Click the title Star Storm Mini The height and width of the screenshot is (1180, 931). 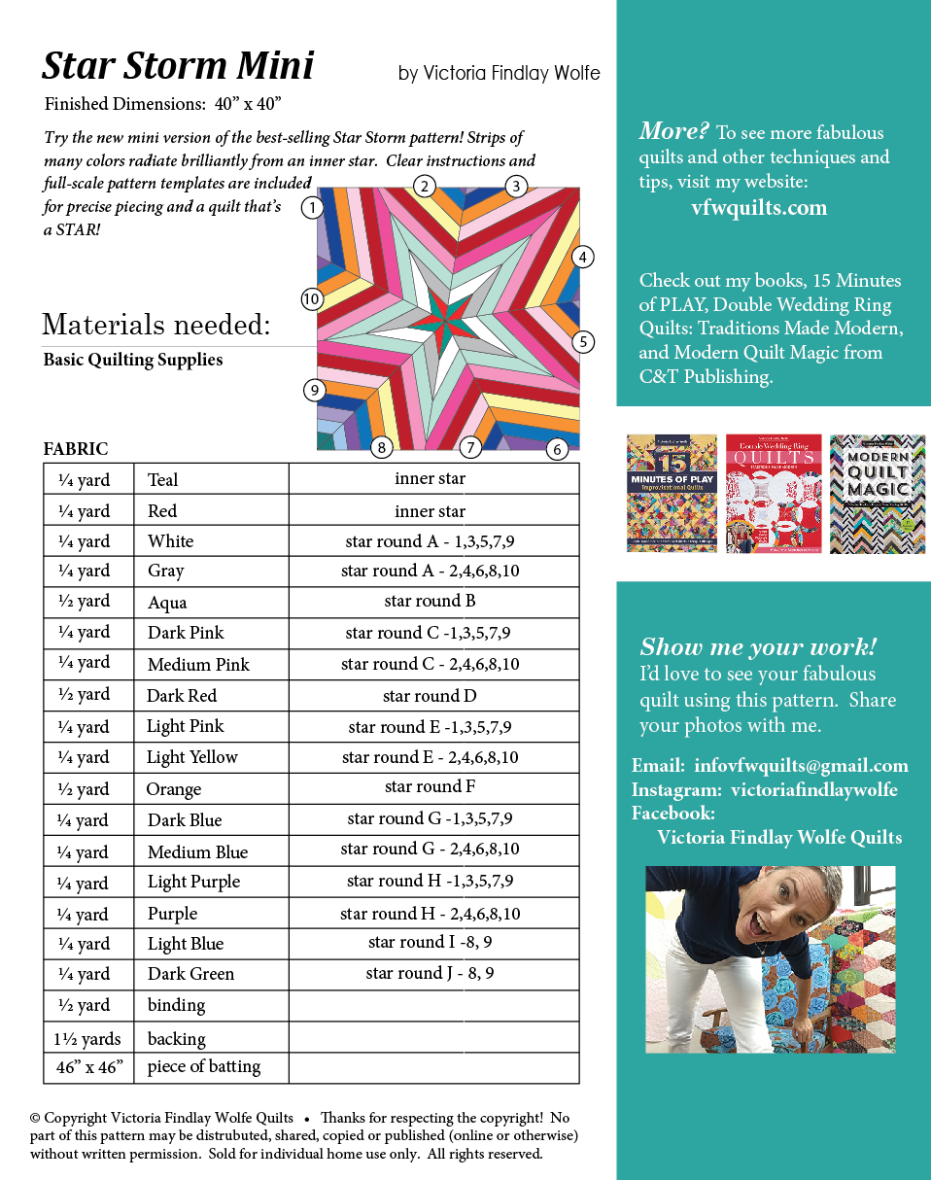point(178,65)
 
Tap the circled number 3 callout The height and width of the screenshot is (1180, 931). point(516,186)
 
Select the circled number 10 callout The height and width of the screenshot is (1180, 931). point(311,299)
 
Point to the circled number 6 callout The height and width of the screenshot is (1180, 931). point(557,449)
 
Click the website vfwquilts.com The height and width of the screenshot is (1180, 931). point(759,207)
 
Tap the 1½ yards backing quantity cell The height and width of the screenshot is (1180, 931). point(87,1038)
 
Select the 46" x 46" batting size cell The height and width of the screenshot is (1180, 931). point(89,1067)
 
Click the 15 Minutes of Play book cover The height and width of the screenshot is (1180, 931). point(672,493)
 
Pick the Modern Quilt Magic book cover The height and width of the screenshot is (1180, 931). point(877,493)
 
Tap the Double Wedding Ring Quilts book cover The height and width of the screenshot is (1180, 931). point(774,493)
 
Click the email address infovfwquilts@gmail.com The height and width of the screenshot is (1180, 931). point(801,766)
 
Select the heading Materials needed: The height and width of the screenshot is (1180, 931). point(156,324)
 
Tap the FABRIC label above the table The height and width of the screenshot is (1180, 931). point(76,449)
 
